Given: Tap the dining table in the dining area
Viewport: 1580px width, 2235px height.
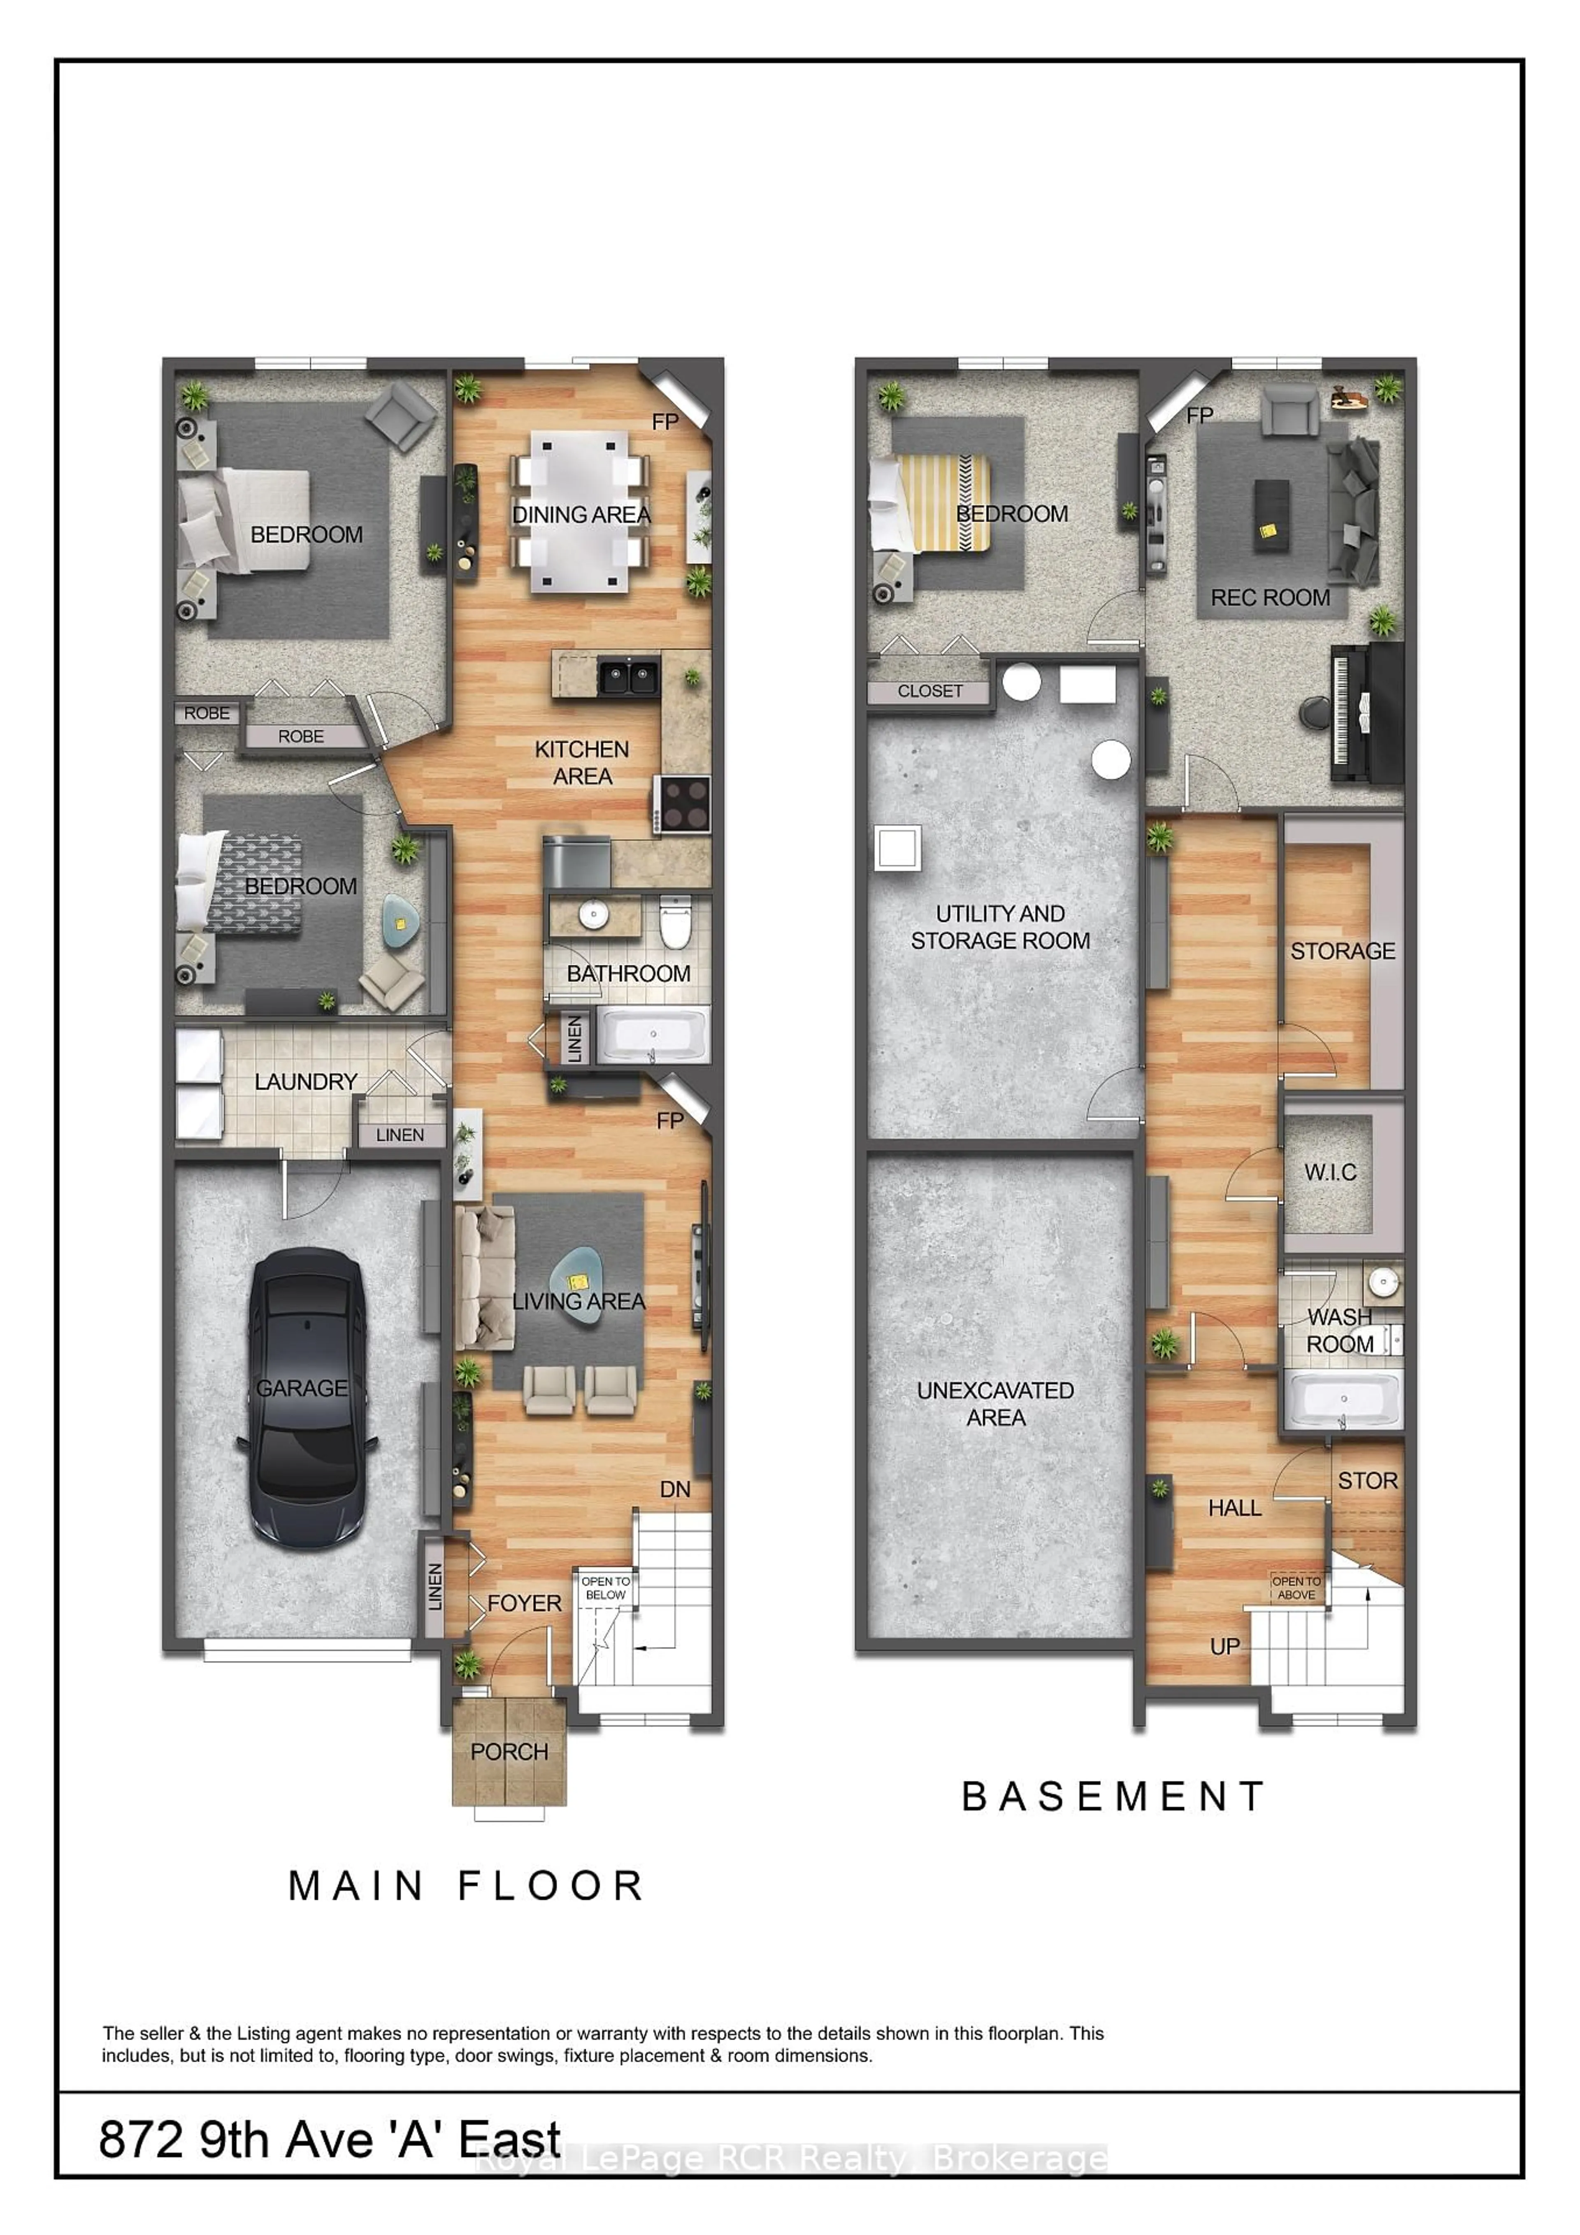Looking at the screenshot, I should click(x=580, y=511).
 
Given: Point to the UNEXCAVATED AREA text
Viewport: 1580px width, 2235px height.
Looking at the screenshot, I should click(x=995, y=1404).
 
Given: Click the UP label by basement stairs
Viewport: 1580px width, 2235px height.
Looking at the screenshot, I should click(x=1224, y=1646).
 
